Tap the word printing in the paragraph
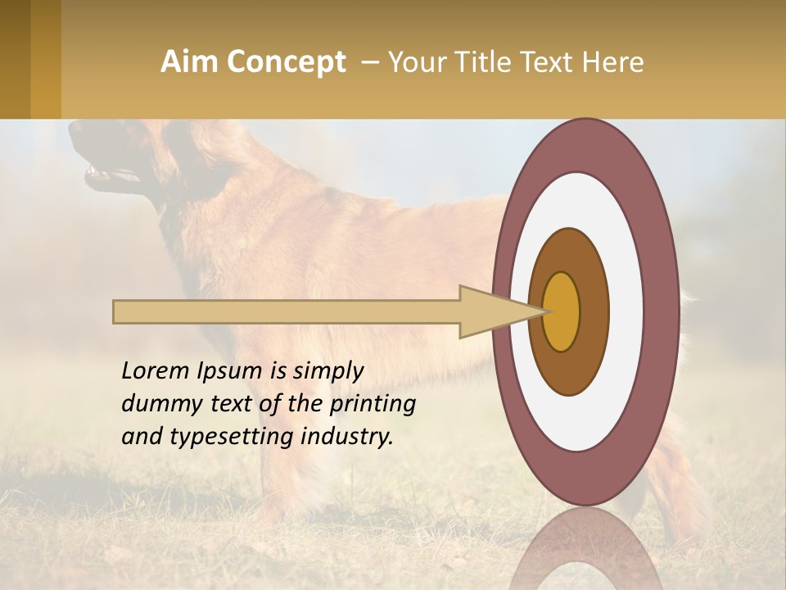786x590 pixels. click(x=372, y=404)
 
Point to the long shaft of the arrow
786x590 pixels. click(x=287, y=311)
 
